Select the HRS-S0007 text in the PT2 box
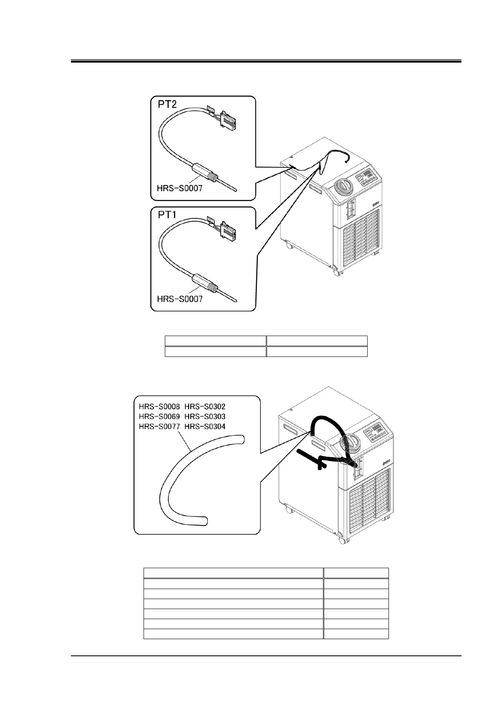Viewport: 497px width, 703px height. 179,188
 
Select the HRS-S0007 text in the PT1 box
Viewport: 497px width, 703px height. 179,299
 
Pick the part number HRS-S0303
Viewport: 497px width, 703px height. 205,417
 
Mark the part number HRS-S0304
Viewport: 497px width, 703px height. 205,427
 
